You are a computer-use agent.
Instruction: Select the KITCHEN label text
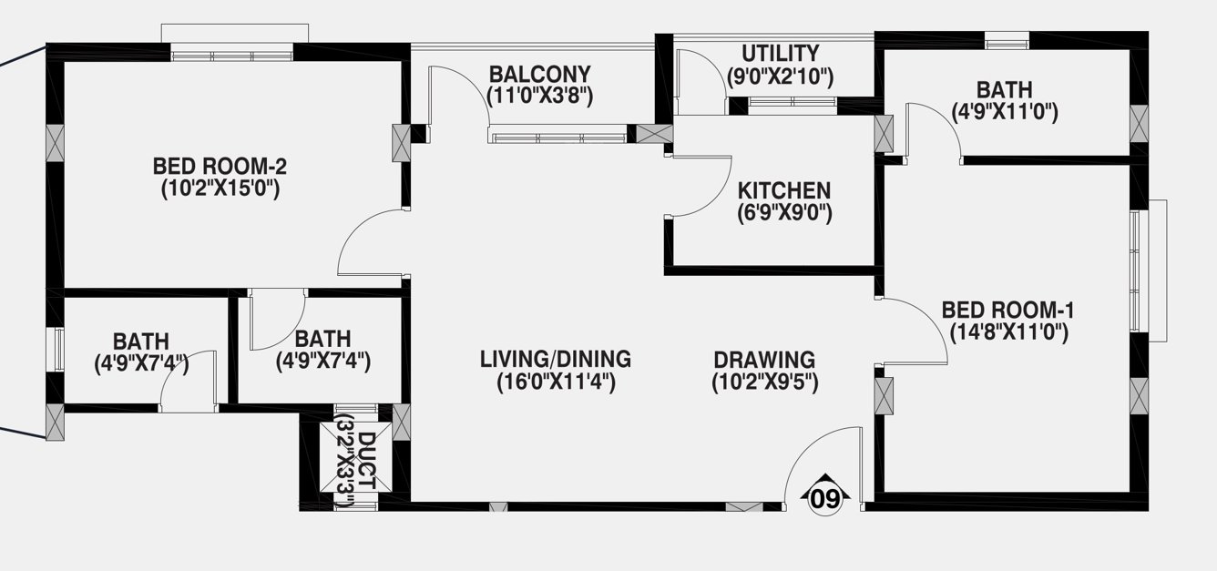click(784, 191)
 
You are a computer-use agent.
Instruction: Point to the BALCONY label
click(540, 74)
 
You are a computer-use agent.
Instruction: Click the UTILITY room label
click(780, 54)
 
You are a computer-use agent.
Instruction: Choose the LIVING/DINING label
click(556, 359)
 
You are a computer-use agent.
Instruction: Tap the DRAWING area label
click(764, 359)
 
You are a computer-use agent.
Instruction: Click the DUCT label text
click(366, 457)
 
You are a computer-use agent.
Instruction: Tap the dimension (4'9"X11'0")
click(1004, 112)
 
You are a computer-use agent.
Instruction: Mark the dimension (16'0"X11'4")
click(556, 382)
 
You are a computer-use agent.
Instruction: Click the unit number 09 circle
click(825, 499)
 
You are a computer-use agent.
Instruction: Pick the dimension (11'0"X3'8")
click(540, 96)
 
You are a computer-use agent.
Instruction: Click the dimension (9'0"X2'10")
click(780, 76)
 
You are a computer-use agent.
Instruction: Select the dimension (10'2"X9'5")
click(764, 382)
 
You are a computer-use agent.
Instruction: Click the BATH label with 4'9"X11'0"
click(1004, 89)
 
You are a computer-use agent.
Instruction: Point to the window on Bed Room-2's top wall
click(232, 55)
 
